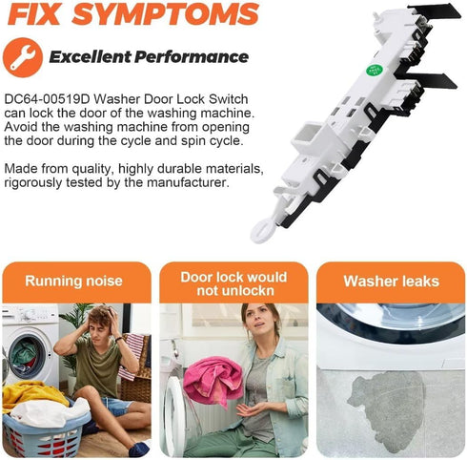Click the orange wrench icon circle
tap(23, 57)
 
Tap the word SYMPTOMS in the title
tap(166, 14)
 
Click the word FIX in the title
tap(34, 14)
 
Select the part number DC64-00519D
tap(48, 99)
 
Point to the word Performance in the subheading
tap(192, 57)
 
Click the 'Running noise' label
tap(73, 282)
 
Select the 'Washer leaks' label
tap(392, 282)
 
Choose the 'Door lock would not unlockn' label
tap(233, 283)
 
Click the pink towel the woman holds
tap(213, 379)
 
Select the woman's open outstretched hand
tap(251, 409)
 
